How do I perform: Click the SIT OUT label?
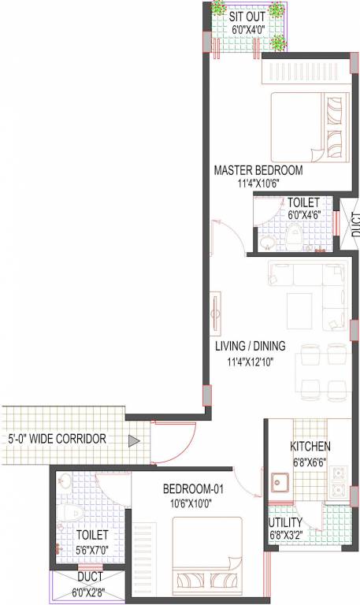tap(247, 17)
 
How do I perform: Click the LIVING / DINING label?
tap(251, 346)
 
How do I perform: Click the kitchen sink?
tap(279, 481)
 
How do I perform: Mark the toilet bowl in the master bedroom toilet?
tap(294, 235)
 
